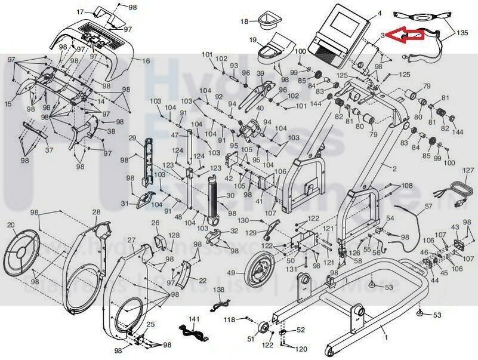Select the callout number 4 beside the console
(380, 13)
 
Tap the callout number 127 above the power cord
(468, 171)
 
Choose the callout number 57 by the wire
(428, 207)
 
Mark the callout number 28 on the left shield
(96, 213)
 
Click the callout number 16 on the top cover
(146, 60)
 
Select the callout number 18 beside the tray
(243, 21)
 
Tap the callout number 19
(252, 40)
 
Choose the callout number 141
(192, 319)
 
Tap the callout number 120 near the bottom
(302, 348)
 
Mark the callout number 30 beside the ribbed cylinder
(229, 195)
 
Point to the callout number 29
(132, 139)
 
